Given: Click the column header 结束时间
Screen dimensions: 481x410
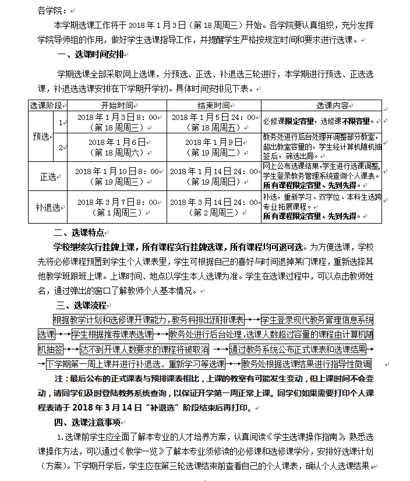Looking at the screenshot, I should [213, 105].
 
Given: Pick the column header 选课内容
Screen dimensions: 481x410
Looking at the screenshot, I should [332, 105].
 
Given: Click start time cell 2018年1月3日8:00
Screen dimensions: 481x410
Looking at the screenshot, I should [118, 122].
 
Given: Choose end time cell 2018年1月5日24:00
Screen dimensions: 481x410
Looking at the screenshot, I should [214, 122].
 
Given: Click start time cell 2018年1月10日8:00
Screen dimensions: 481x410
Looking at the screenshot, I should [118, 175].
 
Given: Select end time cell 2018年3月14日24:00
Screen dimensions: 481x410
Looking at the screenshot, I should [214, 207].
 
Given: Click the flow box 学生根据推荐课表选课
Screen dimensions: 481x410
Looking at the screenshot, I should [112, 334].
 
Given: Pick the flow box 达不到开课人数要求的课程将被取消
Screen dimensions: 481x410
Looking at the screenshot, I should [144, 349].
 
